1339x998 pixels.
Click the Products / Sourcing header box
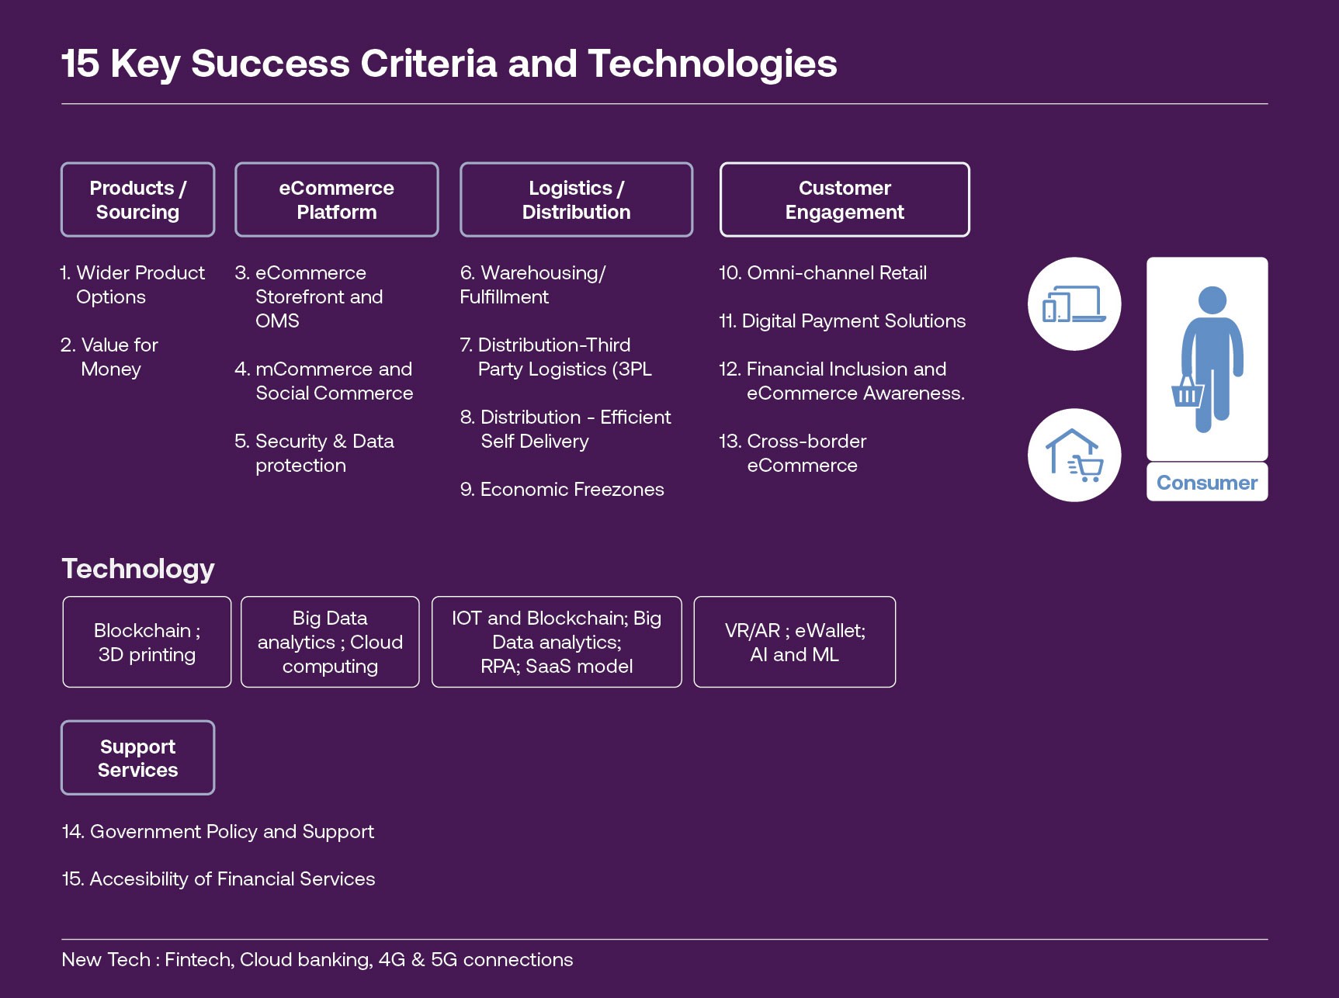click(x=137, y=199)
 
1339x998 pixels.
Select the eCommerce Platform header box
click(x=336, y=199)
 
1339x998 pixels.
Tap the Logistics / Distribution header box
click(x=576, y=199)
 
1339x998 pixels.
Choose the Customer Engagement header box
click(x=845, y=199)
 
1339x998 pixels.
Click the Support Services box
click(x=137, y=757)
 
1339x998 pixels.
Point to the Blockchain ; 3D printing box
click(x=147, y=642)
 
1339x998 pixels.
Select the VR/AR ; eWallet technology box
click(x=794, y=642)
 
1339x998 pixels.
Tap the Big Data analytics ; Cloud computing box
click(x=330, y=642)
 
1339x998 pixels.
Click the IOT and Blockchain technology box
click(x=556, y=642)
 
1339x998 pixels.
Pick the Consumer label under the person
click(x=1206, y=483)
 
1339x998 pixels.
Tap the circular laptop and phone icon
click(x=1074, y=303)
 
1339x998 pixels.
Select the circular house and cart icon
click(x=1074, y=455)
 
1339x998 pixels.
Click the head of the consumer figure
click(x=1212, y=300)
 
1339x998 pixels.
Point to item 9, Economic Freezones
click(x=562, y=490)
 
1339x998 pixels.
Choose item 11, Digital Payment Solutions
click(x=842, y=321)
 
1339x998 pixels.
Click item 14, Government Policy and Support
click(x=218, y=832)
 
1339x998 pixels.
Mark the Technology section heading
click(x=138, y=569)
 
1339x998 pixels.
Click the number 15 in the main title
click(x=81, y=64)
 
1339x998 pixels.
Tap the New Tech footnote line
click(x=317, y=960)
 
